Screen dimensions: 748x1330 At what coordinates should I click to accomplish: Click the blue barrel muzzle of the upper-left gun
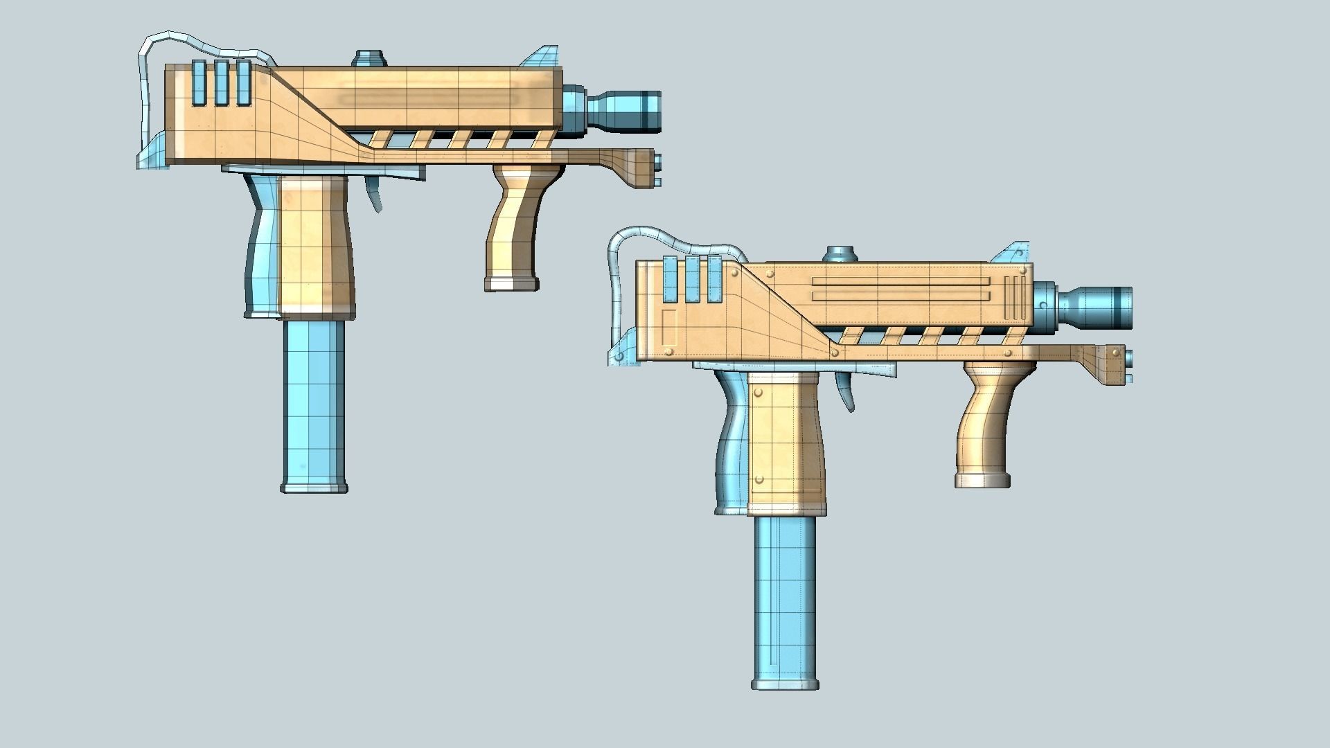tap(623, 110)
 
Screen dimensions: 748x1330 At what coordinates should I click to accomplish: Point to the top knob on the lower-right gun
tap(840, 254)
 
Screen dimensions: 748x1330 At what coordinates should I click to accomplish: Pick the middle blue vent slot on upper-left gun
tap(221, 83)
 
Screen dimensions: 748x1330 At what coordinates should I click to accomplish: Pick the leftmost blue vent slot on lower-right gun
tap(670, 279)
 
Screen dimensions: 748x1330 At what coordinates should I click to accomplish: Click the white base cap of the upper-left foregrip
tap(512, 283)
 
